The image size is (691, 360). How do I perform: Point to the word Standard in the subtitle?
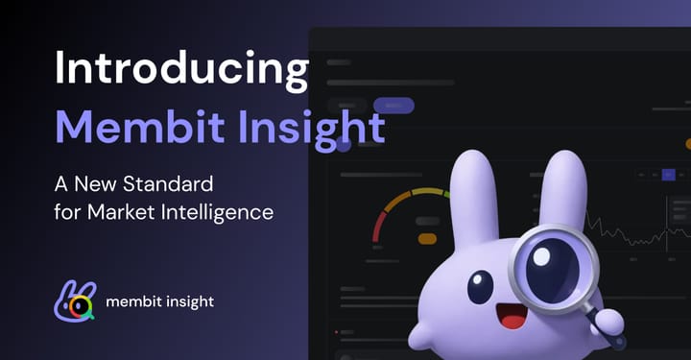click(176, 182)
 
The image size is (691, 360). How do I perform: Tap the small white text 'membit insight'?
click(160, 301)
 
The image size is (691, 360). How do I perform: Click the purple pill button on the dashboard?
click(393, 106)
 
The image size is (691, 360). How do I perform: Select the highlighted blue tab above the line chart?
click(669, 175)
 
